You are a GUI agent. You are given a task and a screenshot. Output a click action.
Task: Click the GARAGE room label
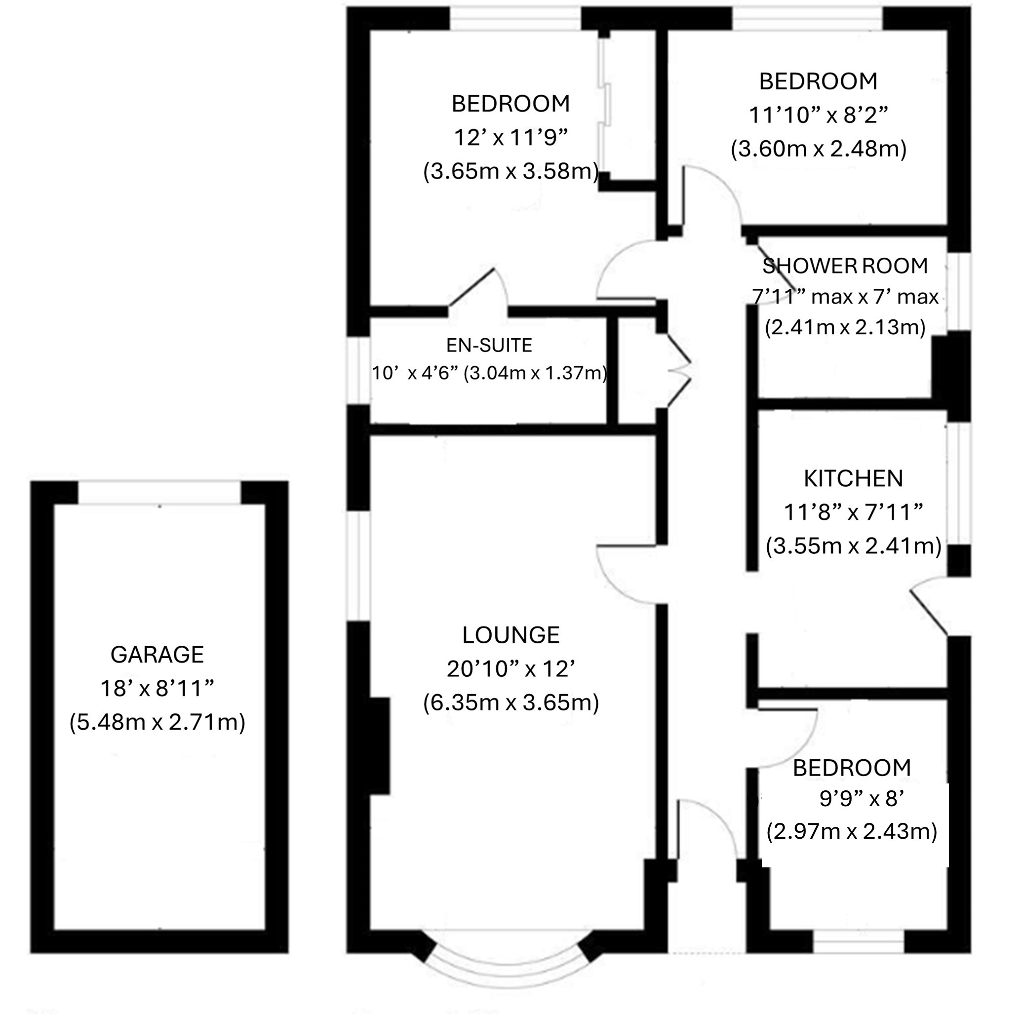tap(157, 655)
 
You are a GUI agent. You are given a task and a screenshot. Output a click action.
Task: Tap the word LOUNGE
tap(510, 634)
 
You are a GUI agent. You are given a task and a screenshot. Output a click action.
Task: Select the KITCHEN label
tap(853, 478)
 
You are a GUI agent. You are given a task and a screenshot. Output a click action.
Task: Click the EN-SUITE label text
tap(489, 345)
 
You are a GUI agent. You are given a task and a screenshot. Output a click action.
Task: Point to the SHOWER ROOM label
tap(844, 265)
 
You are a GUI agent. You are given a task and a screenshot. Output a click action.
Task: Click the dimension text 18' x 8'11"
tap(157, 688)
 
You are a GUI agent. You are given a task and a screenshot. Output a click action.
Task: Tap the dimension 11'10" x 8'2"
tap(818, 115)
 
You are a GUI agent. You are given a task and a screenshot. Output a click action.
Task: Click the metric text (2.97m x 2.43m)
tap(851, 831)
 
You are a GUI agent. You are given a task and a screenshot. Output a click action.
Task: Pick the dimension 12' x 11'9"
tap(510, 138)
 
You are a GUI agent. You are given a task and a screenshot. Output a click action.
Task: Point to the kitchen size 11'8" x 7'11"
tap(853, 511)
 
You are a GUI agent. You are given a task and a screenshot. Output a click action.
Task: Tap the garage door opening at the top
tap(159, 493)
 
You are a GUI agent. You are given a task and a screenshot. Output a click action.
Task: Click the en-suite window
tap(358, 371)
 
